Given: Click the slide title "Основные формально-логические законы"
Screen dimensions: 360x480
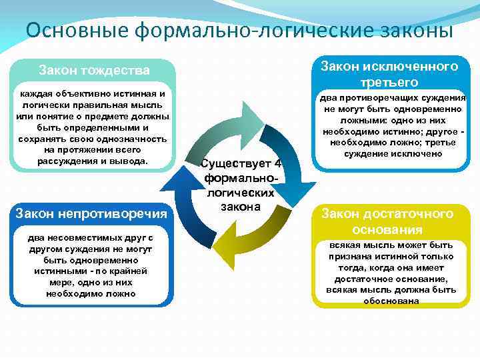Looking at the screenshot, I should tap(239, 30).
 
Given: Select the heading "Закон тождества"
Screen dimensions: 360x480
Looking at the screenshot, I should tap(94, 70).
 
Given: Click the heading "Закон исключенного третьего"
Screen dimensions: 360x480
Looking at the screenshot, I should tap(389, 73).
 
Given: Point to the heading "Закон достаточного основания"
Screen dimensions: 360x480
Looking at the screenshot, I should tap(387, 221).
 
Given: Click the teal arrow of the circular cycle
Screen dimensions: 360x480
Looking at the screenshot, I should tap(234, 126).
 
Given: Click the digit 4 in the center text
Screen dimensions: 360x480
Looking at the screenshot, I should tap(277, 164).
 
